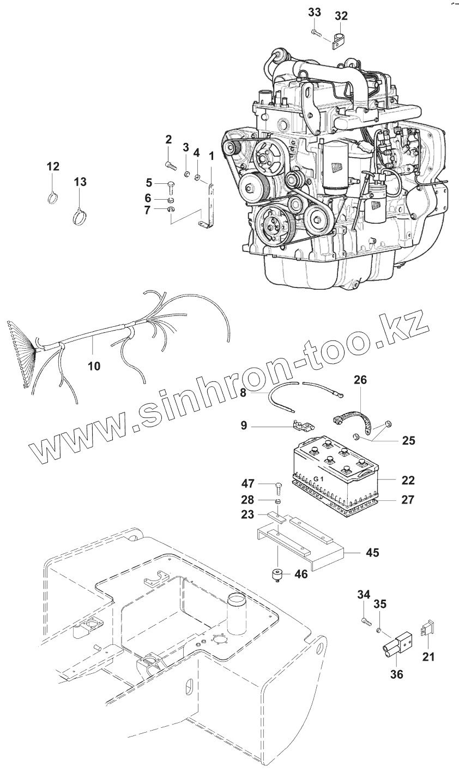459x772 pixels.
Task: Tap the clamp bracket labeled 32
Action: tap(339, 40)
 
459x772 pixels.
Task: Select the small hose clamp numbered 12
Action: tap(53, 196)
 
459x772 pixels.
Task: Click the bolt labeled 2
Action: tap(169, 163)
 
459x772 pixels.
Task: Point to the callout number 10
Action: tap(94, 366)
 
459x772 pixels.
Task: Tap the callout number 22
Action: tap(407, 480)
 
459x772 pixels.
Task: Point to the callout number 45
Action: tap(372, 553)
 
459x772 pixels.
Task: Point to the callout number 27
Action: tap(407, 499)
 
